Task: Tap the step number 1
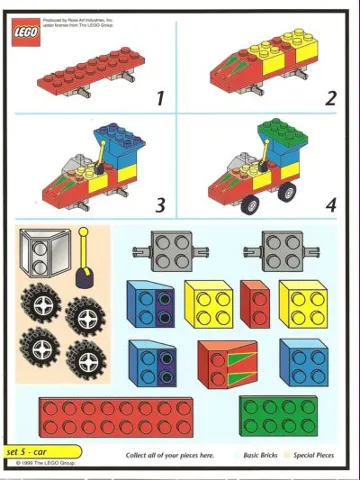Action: [x=159, y=98]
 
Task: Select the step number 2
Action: [x=330, y=98]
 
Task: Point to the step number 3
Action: [x=159, y=205]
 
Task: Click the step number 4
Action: [x=330, y=205]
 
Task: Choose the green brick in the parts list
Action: [x=278, y=415]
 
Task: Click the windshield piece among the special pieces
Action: [x=48, y=250]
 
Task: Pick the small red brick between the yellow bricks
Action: [x=254, y=304]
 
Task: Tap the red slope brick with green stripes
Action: [x=227, y=363]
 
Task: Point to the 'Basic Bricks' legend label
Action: [x=264, y=455]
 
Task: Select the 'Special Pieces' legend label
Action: [x=320, y=455]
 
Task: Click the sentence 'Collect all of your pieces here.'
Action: [x=170, y=455]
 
